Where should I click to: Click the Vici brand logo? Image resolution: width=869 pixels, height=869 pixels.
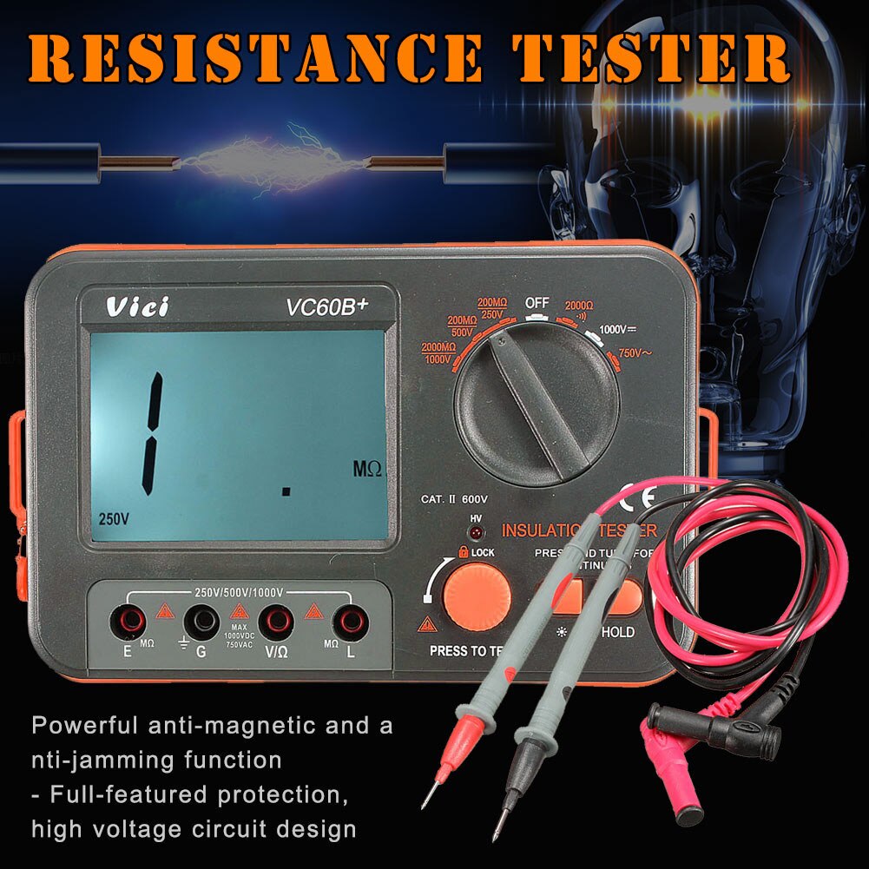click(138, 307)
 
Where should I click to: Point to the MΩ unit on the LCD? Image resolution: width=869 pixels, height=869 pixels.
click(367, 469)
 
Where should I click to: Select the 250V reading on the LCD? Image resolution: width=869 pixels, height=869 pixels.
click(113, 518)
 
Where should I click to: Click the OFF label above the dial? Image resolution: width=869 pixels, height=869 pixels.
click(537, 303)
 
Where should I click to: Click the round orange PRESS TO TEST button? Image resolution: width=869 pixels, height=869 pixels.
click(477, 596)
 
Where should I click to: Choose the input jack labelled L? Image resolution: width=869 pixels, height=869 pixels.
click(351, 621)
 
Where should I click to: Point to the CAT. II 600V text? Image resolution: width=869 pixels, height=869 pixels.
click(454, 499)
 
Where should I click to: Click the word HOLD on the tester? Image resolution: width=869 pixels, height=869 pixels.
click(617, 633)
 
